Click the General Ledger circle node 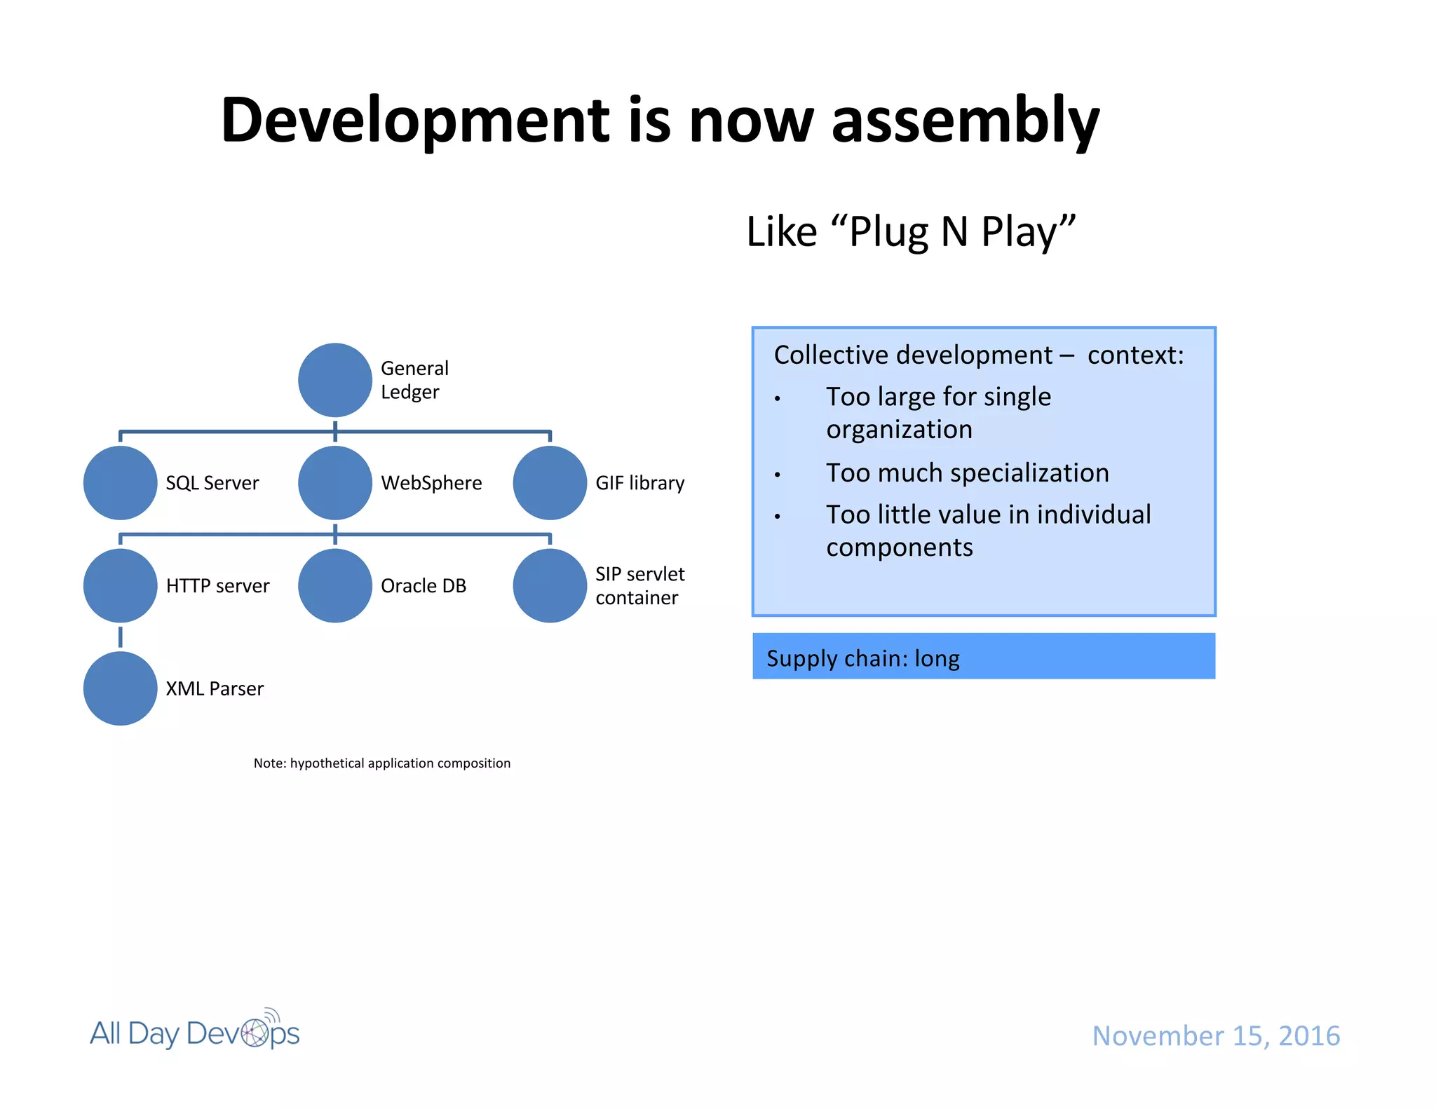tap(334, 380)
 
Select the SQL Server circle tap(120, 483)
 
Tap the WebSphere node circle tap(334, 483)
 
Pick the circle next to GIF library tap(550, 483)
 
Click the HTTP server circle tap(120, 585)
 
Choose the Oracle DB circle tap(334, 585)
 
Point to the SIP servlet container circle tap(550, 585)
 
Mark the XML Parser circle tap(120, 688)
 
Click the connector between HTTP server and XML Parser tap(121, 637)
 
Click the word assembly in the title tap(965, 121)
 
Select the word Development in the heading tap(416, 121)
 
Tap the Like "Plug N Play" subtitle tap(910, 231)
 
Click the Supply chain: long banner tap(983, 657)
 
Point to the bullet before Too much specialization tap(777, 475)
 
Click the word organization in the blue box tap(899, 429)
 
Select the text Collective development tap(912, 355)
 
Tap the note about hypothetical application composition tap(381, 763)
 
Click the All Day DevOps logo tap(195, 1032)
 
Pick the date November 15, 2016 tap(1216, 1035)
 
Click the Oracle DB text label tap(423, 585)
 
